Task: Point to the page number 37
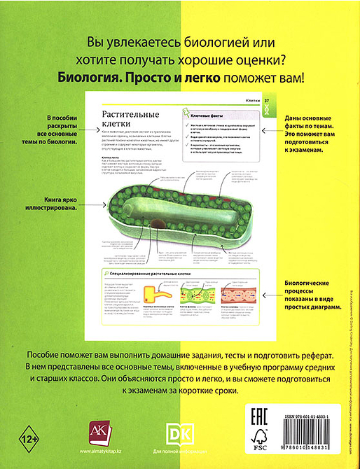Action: [x=266, y=101]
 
